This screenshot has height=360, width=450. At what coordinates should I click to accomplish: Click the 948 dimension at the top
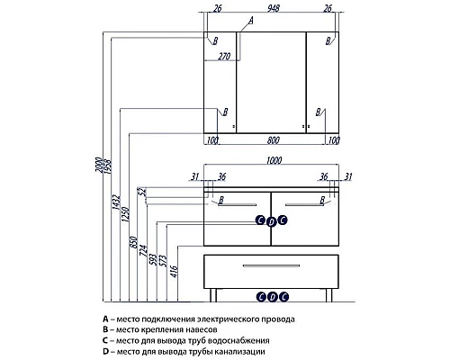[274, 8]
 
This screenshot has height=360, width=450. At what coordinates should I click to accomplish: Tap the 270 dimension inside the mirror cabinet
[224, 56]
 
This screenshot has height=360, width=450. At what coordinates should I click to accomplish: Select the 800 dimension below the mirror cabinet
[273, 140]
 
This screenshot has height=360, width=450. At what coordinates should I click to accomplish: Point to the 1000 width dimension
[274, 160]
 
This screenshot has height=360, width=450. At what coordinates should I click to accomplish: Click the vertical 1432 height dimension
[117, 202]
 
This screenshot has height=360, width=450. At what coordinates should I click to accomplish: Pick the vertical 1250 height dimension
[126, 214]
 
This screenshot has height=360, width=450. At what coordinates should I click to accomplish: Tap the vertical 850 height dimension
[133, 242]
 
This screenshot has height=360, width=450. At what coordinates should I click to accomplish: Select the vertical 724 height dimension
[143, 250]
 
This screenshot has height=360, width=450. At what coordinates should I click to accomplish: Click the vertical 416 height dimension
[175, 272]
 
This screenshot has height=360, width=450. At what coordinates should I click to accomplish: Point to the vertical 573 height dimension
[163, 261]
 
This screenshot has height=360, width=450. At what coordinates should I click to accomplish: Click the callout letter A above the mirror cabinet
[251, 21]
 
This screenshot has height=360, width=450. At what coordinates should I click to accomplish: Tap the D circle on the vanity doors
[271, 222]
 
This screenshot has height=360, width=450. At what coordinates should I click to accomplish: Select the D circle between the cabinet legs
[273, 297]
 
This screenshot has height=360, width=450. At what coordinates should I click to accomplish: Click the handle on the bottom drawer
[271, 265]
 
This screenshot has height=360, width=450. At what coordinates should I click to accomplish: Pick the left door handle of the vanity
[238, 205]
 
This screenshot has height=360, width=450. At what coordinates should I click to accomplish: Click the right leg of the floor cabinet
[329, 295]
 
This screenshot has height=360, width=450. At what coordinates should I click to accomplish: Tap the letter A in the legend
[105, 319]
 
